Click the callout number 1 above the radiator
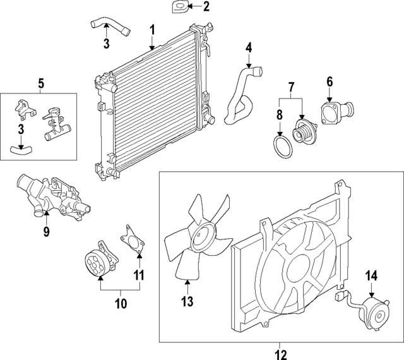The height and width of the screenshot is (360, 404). [x=152, y=30]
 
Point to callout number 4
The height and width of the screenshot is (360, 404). [x=249, y=47]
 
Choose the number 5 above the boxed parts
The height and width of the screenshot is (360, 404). [x=40, y=83]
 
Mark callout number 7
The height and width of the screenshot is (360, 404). [x=292, y=86]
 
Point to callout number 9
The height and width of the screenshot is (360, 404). [x=46, y=232]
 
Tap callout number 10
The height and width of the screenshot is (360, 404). [x=120, y=304]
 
